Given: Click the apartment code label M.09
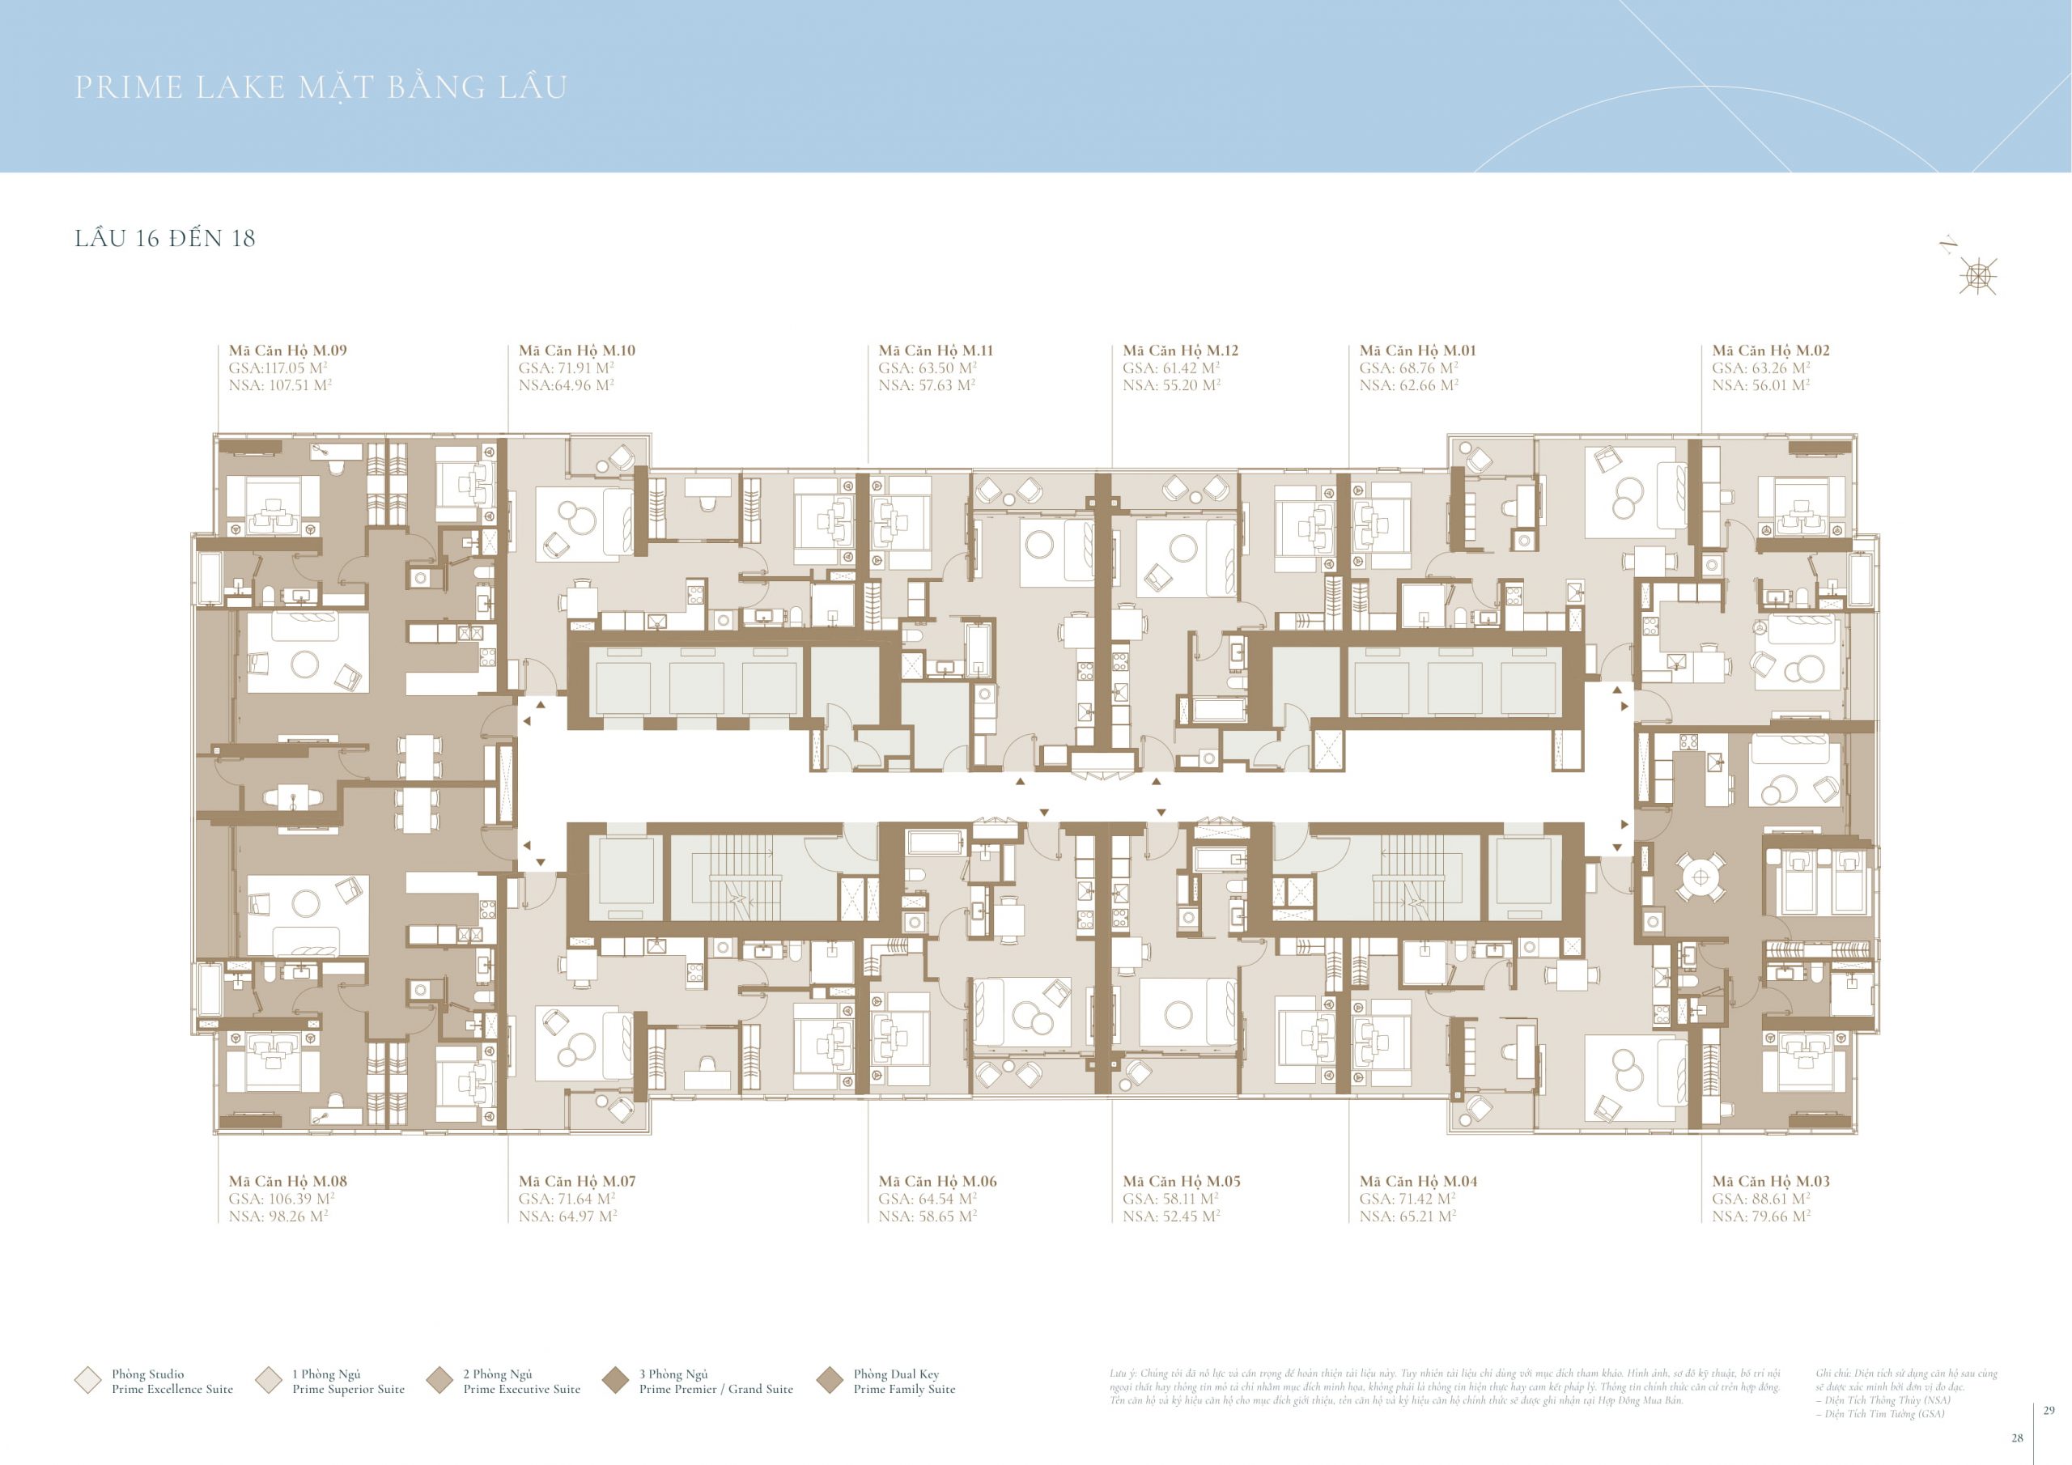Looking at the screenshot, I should click(287, 350).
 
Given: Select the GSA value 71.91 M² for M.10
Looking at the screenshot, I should click(566, 367).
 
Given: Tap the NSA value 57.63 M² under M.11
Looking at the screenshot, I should click(927, 385).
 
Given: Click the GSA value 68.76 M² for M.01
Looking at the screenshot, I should click(1408, 367).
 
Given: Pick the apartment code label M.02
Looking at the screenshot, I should click(1771, 350).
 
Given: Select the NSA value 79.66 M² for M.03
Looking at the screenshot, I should click(1760, 1216).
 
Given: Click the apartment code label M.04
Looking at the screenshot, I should click(1418, 1181).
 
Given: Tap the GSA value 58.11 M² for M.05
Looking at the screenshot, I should click(1170, 1199).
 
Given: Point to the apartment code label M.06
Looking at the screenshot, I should click(936, 1181).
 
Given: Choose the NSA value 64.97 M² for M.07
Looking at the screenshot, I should click(567, 1216).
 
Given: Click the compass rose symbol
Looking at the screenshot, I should click(1978, 275).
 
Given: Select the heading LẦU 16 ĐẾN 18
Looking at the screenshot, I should click(165, 238).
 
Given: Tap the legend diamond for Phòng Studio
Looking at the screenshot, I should click(87, 1380).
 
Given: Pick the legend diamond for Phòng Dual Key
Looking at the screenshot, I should click(830, 1380).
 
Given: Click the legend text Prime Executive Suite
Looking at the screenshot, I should click(521, 1388).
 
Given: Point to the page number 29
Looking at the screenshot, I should click(2049, 1410).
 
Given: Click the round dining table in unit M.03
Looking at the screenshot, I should click(1701, 877).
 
